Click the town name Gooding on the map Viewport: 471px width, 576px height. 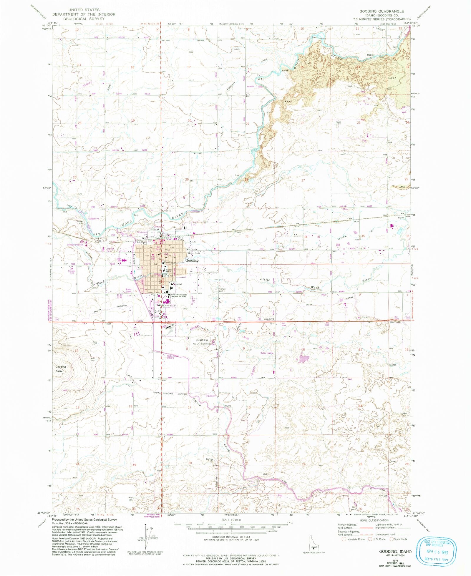point(192,260)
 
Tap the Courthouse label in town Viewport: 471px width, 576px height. point(170,262)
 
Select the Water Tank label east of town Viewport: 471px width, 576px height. point(194,253)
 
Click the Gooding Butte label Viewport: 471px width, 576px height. point(61,369)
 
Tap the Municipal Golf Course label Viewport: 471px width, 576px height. point(202,342)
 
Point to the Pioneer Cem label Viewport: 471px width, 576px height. point(222,290)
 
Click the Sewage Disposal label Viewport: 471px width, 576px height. point(75,245)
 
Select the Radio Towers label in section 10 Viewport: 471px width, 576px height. point(267,353)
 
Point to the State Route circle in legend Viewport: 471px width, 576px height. point(392,539)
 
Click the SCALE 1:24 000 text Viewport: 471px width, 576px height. point(231,520)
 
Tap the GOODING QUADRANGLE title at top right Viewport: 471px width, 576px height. point(382,11)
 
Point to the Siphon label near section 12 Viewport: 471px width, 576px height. point(393,365)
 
